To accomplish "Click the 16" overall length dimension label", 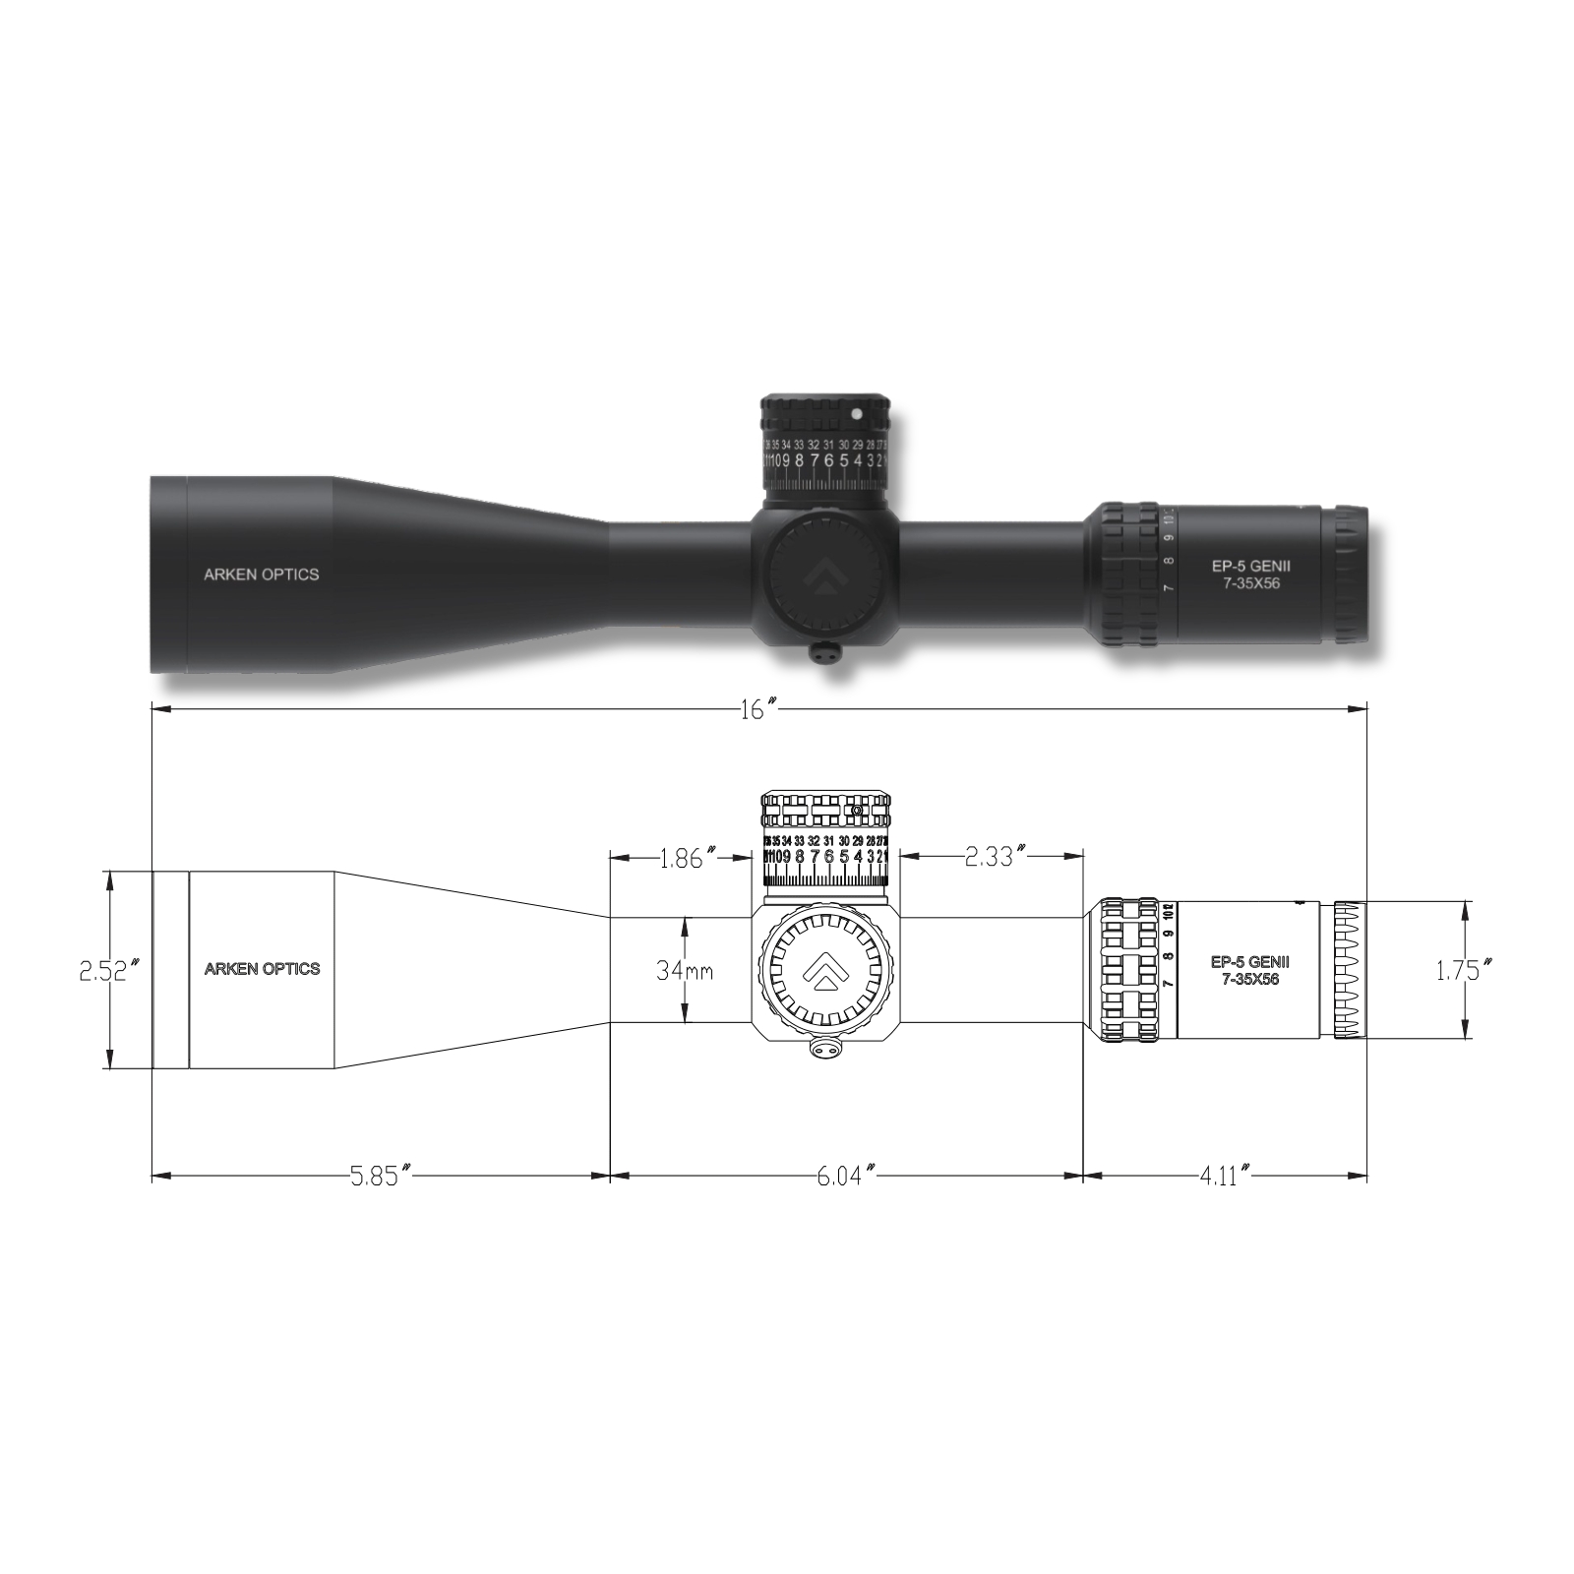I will [758, 710].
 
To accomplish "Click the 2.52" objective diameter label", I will [102, 971].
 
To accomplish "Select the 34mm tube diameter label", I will [685, 971].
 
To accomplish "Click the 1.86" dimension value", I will [682, 858].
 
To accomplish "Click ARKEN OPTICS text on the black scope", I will [261, 575].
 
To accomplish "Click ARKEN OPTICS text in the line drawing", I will [262, 969].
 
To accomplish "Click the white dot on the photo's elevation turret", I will [856, 414].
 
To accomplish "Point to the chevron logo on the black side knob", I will [823, 578].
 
